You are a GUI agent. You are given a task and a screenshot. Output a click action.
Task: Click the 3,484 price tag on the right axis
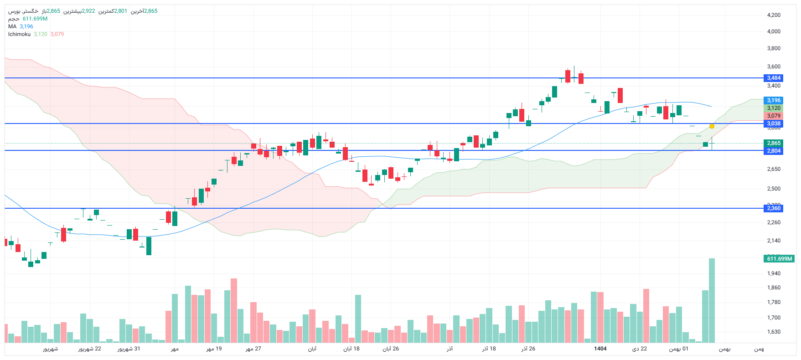click(x=773, y=78)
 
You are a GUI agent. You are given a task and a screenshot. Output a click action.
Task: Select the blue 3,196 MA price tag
click(x=773, y=100)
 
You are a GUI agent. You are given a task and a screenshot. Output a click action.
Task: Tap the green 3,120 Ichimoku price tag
click(x=773, y=108)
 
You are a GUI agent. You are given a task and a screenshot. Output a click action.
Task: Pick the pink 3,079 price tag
click(x=773, y=116)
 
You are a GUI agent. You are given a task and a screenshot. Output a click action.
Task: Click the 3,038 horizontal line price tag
click(x=773, y=123)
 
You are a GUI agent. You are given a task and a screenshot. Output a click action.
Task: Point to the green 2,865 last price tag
click(x=773, y=143)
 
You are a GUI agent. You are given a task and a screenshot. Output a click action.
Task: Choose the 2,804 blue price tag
click(x=773, y=151)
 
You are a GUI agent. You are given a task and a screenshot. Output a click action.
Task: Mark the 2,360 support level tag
click(x=773, y=208)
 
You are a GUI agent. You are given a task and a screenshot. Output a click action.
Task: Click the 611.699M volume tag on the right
click(x=779, y=259)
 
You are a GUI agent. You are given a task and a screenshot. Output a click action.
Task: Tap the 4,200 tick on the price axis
click(x=774, y=15)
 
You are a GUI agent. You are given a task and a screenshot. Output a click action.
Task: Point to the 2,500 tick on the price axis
click(x=774, y=189)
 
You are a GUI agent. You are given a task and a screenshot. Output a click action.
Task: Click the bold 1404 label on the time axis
click(x=600, y=349)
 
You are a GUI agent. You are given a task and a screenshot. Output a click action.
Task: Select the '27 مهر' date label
click(x=253, y=349)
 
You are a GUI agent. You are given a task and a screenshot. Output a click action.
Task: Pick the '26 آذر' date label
click(x=528, y=349)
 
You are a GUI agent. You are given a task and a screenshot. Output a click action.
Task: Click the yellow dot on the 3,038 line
click(x=712, y=126)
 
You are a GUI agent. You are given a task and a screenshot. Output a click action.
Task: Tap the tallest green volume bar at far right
click(x=712, y=301)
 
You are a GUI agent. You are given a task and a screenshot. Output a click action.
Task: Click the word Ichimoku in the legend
click(x=19, y=34)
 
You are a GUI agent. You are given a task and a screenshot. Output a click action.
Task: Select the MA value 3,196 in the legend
click(x=26, y=26)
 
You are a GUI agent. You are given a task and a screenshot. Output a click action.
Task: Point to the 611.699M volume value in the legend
click(x=35, y=19)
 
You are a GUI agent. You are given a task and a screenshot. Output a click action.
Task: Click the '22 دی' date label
click(x=639, y=349)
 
